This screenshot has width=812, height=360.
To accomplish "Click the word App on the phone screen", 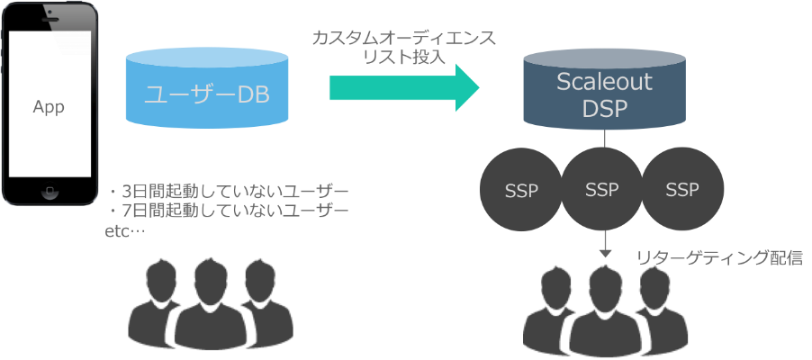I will (49, 106).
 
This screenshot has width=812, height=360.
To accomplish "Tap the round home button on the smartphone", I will (50, 191).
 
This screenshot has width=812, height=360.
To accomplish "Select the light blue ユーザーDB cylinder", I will (207, 90).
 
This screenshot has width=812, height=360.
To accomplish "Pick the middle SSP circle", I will (601, 190).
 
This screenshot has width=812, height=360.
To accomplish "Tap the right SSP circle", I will (682, 190).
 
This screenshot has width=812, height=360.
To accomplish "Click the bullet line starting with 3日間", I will (227, 192).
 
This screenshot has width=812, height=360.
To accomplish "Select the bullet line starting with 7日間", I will (227, 211).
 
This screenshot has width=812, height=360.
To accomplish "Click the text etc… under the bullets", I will (126, 230).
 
